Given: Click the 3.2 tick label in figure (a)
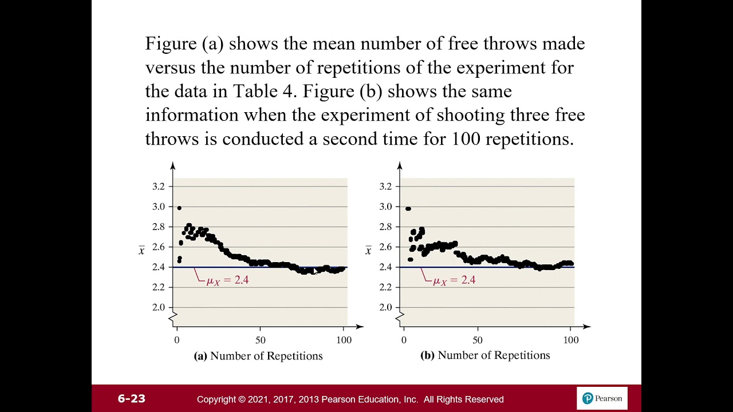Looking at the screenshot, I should pyautogui.click(x=159, y=186).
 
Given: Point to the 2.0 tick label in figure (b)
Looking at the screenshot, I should pyautogui.click(x=386, y=307).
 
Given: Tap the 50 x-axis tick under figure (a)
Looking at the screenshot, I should pyautogui.click(x=260, y=340).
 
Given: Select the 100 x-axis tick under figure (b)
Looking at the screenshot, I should pyautogui.click(x=570, y=340).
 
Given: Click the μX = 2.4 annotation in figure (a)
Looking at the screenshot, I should pyautogui.click(x=227, y=280).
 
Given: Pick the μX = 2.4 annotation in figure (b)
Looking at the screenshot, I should pyautogui.click(x=454, y=280).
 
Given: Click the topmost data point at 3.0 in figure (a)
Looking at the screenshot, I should pyautogui.click(x=179, y=208).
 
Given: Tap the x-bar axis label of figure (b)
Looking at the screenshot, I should pyautogui.click(x=368, y=251).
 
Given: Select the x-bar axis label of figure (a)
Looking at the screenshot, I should pyautogui.click(x=141, y=251).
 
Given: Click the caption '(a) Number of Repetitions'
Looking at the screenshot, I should pyautogui.click(x=259, y=356).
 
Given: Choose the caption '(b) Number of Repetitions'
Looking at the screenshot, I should pyautogui.click(x=486, y=355).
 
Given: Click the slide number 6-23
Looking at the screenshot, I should pyautogui.click(x=131, y=399).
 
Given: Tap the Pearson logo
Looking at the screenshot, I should pyautogui.click(x=602, y=398).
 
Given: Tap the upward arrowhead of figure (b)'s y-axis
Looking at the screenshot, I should pyautogui.click(x=400, y=165).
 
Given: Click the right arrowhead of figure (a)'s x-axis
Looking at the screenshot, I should pyautogui.click(x=360, y=327).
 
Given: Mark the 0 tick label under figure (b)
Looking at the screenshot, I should pyautogui.click(x=404, y=340).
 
